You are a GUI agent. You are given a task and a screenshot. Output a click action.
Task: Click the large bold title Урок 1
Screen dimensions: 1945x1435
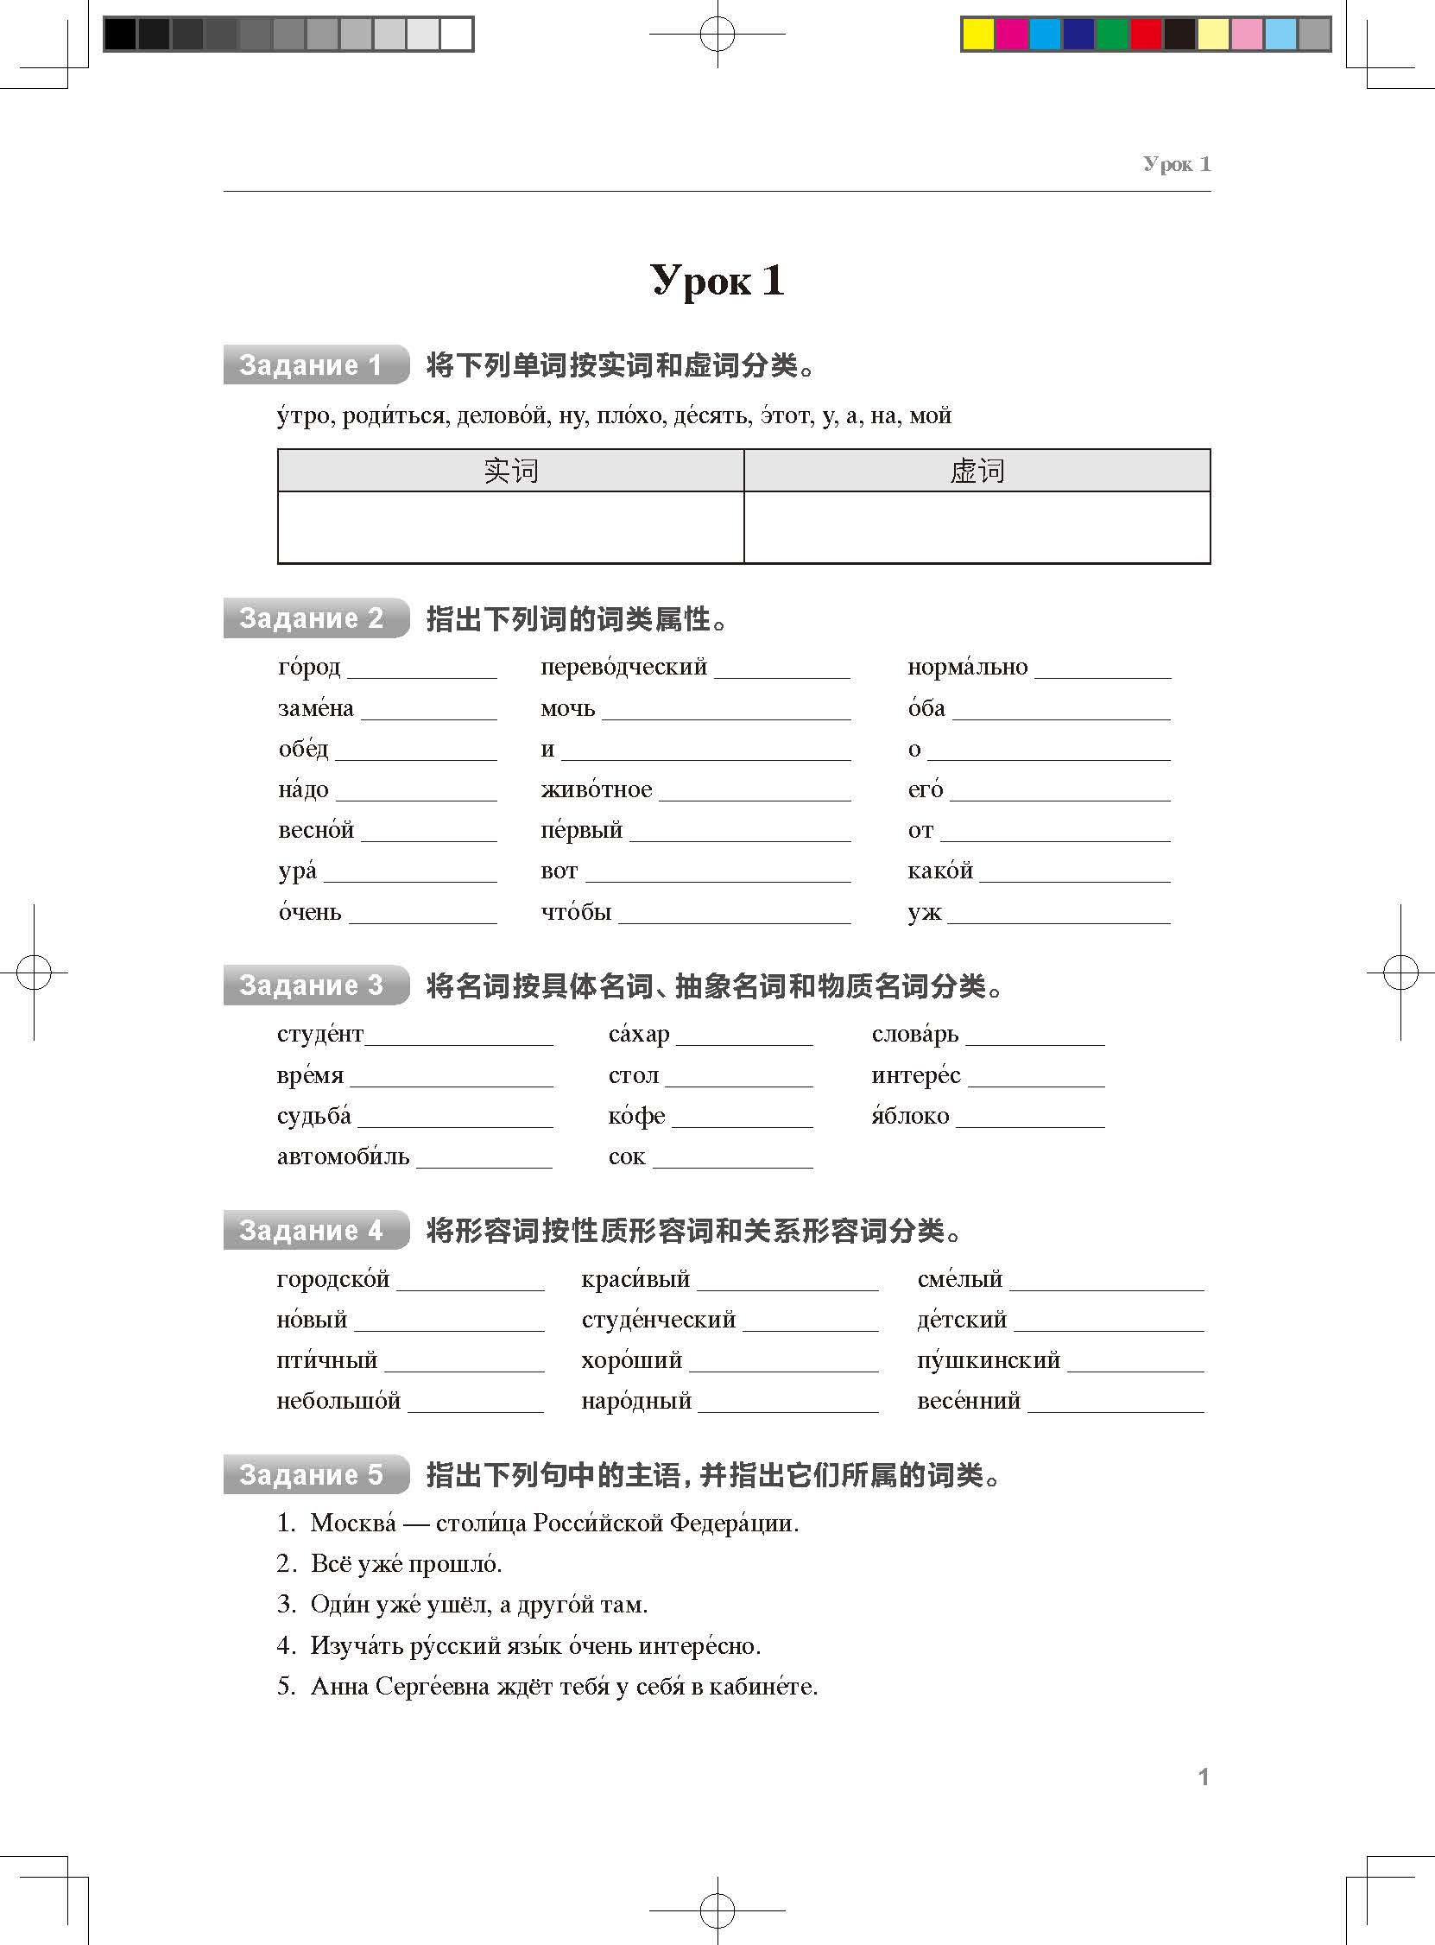point(717,281)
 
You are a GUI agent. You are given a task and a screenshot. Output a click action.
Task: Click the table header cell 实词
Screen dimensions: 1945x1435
point(511,471)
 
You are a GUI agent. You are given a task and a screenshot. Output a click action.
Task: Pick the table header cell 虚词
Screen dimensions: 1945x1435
point(977,471)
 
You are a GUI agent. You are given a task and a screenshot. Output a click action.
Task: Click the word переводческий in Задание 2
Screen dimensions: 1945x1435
point(623,667)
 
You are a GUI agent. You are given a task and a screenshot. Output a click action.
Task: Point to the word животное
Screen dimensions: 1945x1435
point(596,789)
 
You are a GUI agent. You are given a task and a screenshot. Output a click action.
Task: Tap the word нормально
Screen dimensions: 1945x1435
point(967,667)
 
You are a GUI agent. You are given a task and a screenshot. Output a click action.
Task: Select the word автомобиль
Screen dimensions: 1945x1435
point(343,1157)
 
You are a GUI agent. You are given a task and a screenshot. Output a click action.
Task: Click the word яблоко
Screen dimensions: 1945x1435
point(910,1116)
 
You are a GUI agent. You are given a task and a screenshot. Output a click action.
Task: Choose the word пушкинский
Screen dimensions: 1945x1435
point(989,1360)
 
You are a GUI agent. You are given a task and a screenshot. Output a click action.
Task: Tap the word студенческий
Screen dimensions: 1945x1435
point(659,1320)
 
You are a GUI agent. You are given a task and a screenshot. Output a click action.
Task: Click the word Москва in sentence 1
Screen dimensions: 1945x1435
point(353,1523)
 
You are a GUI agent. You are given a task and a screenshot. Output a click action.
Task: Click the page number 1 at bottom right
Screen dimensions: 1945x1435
point(1204,1777)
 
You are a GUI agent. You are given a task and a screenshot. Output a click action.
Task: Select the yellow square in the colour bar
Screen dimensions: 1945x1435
point(978,34)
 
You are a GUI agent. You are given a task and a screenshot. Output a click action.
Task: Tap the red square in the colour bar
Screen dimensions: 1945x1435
point(1147,34)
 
